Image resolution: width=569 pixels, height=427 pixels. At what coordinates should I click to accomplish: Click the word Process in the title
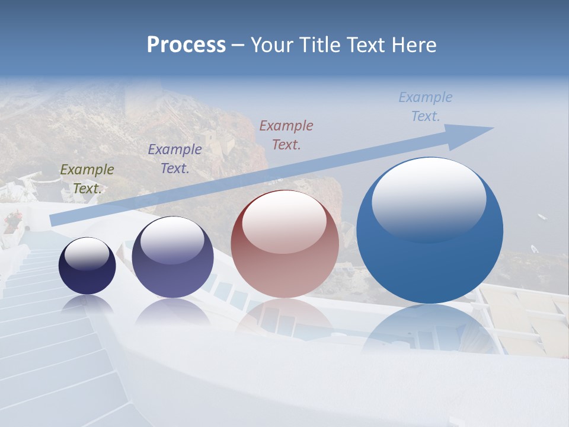click(186, 45)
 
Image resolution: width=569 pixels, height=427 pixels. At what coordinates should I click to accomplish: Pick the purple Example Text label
click(175, 159)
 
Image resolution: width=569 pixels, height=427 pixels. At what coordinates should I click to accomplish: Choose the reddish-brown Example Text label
click(286, 135)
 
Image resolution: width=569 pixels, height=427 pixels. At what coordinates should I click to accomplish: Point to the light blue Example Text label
click(425, 107)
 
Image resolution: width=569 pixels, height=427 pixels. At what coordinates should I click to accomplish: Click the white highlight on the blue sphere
click(429, 199)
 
